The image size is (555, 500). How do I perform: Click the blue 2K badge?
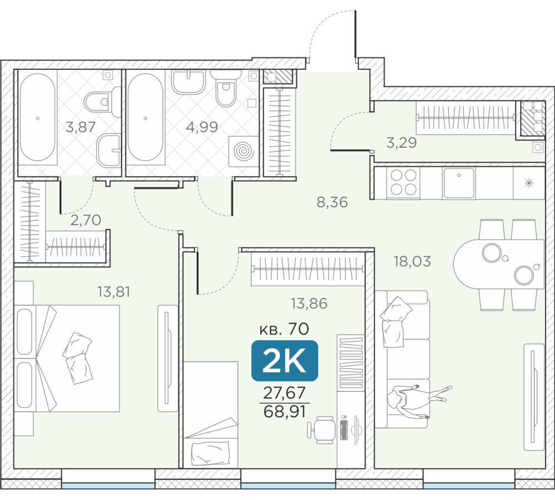click(x=285, y=361)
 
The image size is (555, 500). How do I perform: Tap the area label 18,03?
click(x=412, y=262)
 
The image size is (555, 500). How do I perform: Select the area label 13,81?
click(x=114, y=292)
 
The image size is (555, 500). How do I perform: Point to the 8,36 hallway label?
click(x=332, y=202)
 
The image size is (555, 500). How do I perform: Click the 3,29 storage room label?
click(x=401, y=142)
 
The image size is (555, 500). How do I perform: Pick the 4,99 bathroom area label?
click(x=202, y=127)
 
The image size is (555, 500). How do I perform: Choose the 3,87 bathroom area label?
click(x=80, y=127)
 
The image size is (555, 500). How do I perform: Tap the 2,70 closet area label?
click(x=86, y=221)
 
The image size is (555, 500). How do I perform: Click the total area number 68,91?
click(x=285, y=412)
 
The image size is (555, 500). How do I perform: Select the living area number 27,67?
click(x=284, y=393)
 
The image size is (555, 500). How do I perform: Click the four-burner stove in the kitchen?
click(x=403, y=182)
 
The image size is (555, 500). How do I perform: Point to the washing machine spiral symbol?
click(x=244, y=152)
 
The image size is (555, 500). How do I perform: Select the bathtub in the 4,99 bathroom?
click(x=145, y=117)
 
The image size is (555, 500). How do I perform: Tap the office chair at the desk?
click(x=321, y=429)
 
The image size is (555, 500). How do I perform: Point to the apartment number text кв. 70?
click(x=284, y=329)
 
